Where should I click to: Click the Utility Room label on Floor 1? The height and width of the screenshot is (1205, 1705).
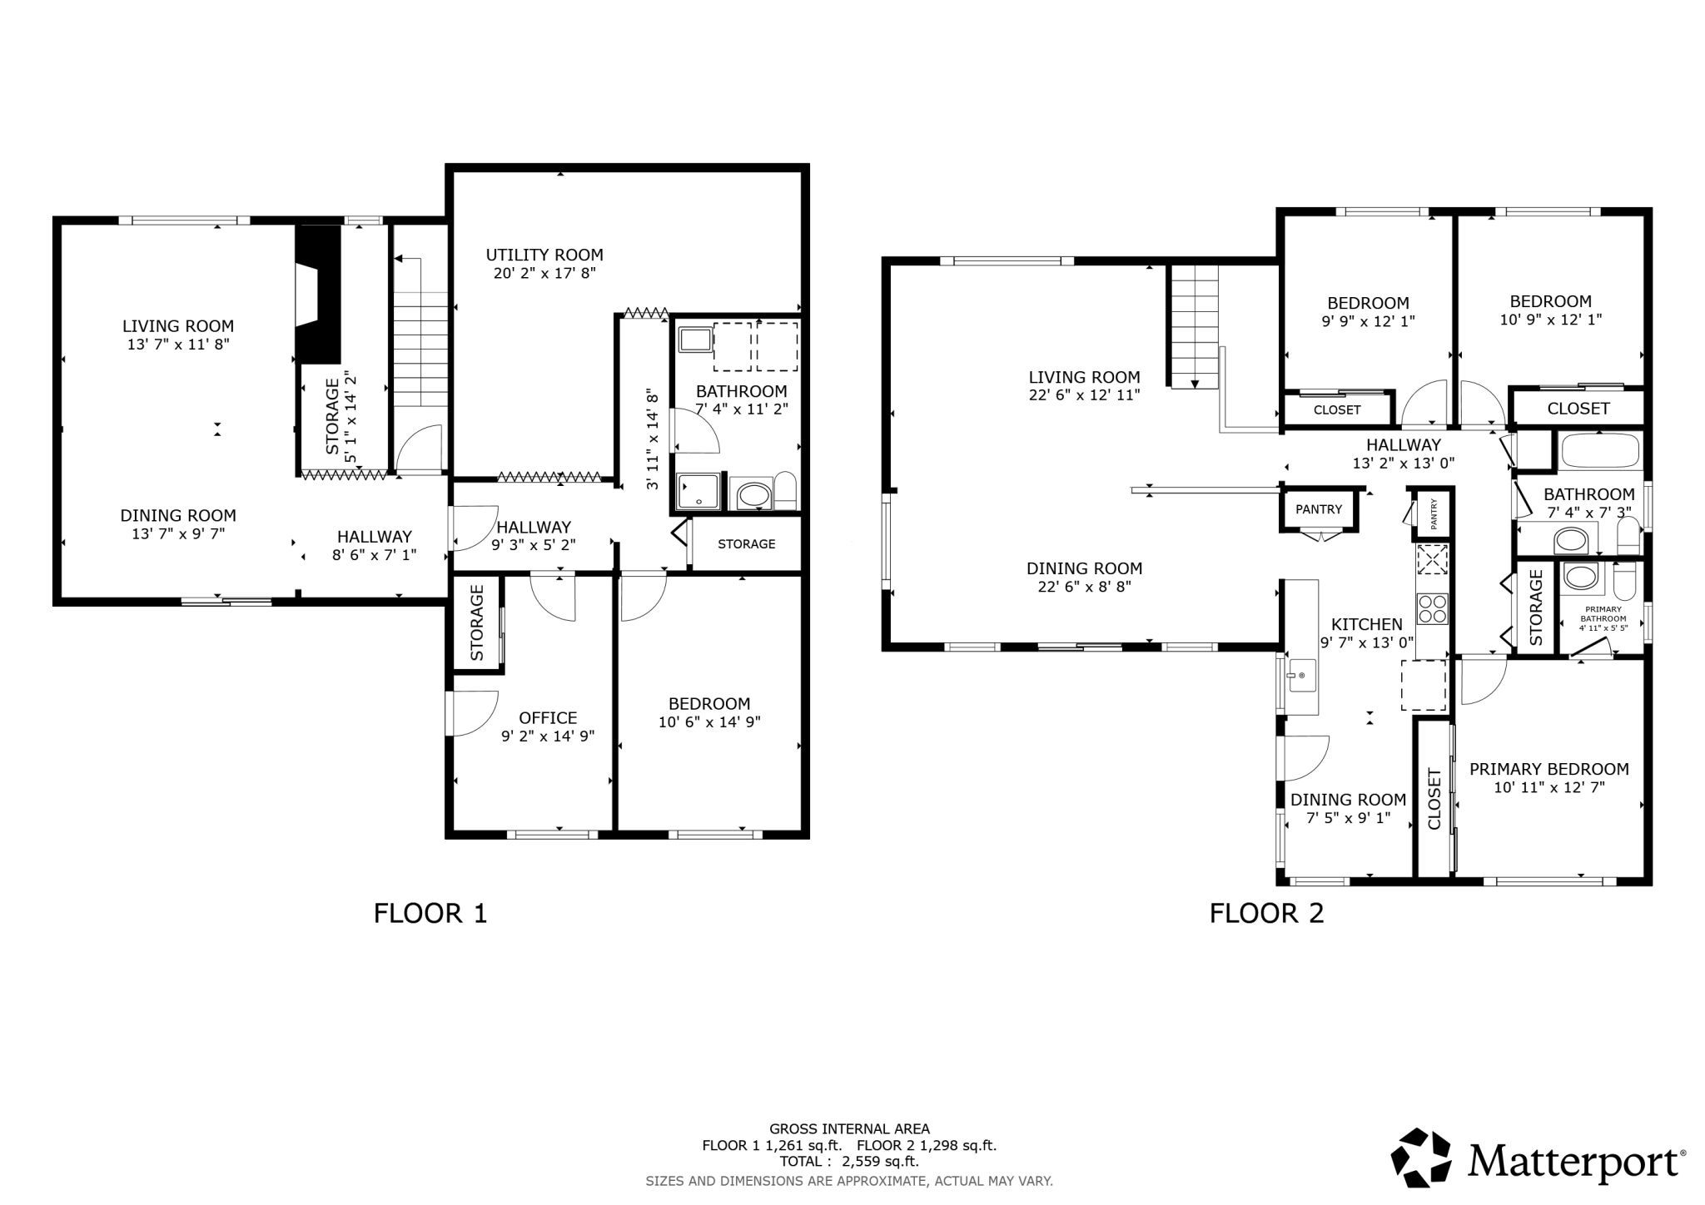[x=544, y=255]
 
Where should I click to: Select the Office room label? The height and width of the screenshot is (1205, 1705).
[x=548, y=717]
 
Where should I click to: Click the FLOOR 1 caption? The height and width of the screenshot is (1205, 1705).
[x=430, y=914]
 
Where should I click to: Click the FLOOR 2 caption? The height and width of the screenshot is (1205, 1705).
[x=1266, y=914]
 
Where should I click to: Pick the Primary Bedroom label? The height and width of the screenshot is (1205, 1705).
[x=1548, y=769]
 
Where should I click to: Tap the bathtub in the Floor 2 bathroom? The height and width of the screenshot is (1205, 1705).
[x=1600, y=452]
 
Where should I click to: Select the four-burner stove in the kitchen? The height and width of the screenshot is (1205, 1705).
[x=1432, y=607]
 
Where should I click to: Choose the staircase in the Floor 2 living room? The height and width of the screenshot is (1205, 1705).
[x=1195, y=327]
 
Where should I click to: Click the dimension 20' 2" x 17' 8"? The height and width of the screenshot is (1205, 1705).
[x=544, y=273]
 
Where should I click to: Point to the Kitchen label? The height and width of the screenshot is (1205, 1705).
[x=1366, y=624]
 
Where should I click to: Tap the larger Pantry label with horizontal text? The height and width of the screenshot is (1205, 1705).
[x=1319, y=509]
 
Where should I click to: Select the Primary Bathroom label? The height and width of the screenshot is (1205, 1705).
[x=1603, y=614]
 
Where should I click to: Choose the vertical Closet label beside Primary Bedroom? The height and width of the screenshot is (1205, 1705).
[x=1434, y=799]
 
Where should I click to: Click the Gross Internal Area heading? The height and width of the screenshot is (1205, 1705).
[x=849, y=1129]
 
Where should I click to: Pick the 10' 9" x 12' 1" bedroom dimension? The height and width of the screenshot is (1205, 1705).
[x=1550, y=319]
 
